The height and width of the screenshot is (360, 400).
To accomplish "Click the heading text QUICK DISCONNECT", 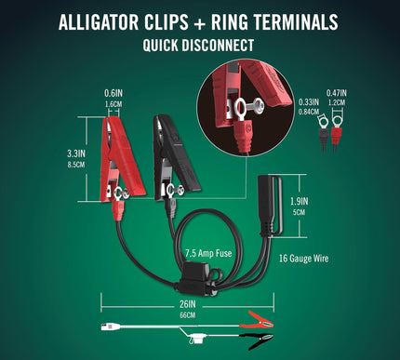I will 200,44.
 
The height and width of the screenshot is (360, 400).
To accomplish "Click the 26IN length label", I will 186,302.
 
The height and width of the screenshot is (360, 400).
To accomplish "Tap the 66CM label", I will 186,314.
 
